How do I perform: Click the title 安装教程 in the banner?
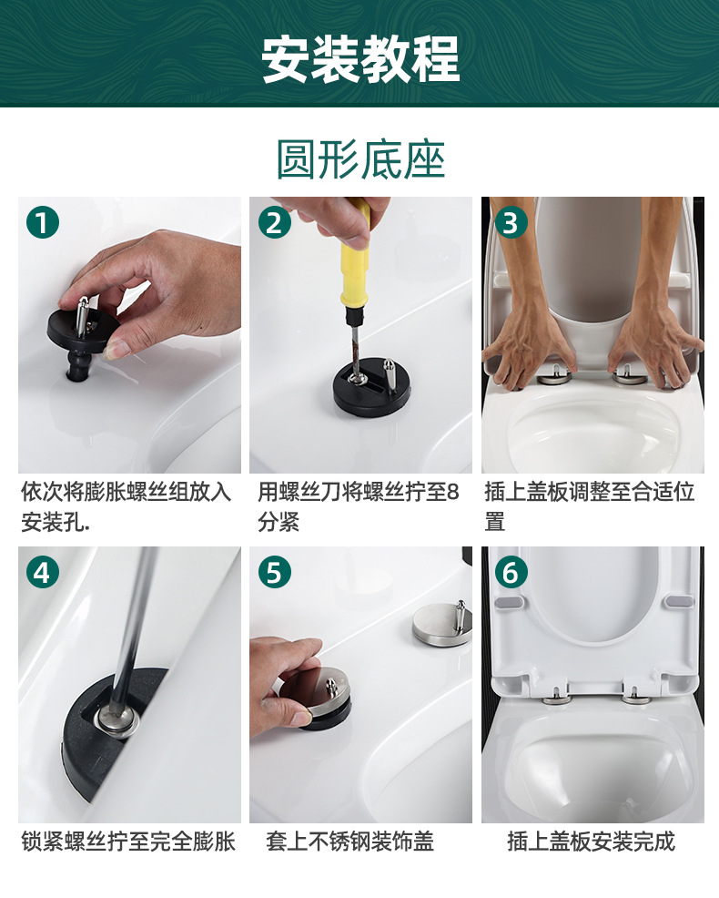(x=360, y=58)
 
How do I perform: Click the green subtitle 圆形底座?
(x=360, y=159)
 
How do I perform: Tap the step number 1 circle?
(x=43, y=223)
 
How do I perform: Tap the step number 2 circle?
(x=275, y=223)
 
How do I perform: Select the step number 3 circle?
(x=511, y=223)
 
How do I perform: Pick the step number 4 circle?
(x=43, y=572)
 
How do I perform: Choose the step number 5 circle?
(x=275, y=572)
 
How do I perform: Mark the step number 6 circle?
(x=511, y=572)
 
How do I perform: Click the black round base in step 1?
(x=82, y=332)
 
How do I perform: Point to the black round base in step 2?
(x=372, y=386)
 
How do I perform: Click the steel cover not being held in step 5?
(x=442, y=626)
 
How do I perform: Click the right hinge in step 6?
(x=634, y=697)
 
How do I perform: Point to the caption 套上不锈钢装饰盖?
(x=349, y=842)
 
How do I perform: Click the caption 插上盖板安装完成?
(x=592, y=842)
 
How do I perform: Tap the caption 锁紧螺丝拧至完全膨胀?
(x=128, y=842)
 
